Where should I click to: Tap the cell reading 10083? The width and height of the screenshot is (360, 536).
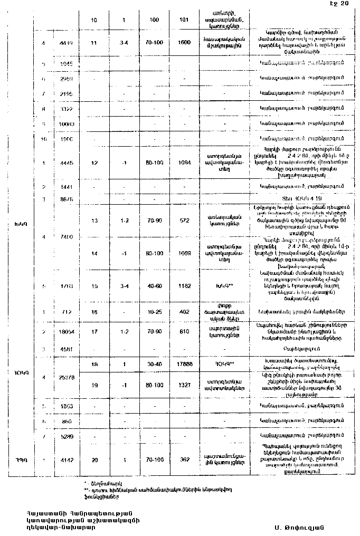pyautogui.click(x=67, y=123)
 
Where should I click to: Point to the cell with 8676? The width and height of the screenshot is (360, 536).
pyautogui.click(x=67, y=199)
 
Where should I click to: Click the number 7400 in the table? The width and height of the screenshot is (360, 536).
pyautogui.click(x=67, y=237)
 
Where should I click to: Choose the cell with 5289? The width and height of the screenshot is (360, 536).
pyautogui.click(x=67, y=437)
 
